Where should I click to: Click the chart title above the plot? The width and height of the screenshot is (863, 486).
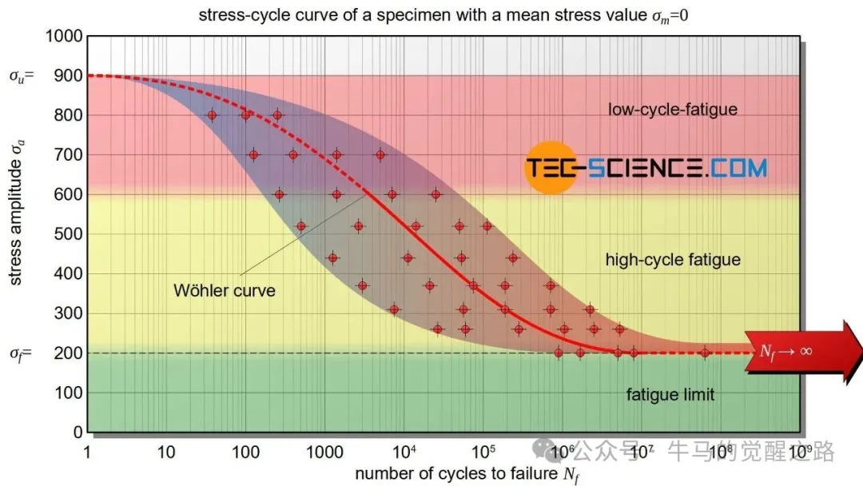point(443,15)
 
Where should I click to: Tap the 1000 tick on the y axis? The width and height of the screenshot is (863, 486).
point(64,36)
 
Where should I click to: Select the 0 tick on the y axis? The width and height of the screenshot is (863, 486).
point(78,432)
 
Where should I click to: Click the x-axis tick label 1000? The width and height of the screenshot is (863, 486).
point(324,452)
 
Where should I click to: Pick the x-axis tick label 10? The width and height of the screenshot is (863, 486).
point(166,452)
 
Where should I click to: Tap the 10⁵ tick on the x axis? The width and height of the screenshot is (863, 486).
point(483,452)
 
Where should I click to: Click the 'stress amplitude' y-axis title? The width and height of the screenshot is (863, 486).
point(17,213)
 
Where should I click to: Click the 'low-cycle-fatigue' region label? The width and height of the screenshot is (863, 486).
point(673,110)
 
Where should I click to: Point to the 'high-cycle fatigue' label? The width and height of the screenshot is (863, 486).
point(673,260)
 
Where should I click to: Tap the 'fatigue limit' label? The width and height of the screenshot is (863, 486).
point(670,395)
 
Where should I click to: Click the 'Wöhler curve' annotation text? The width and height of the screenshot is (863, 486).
point(224,291)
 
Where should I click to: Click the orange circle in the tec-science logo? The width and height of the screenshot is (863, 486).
point(551,168)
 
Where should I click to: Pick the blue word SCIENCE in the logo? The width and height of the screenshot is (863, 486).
point(645,168)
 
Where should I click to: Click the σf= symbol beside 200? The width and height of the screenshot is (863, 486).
point(21,353)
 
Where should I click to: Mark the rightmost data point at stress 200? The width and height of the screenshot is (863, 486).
point(705,353)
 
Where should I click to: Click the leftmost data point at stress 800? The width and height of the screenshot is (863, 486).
point(212,115)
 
